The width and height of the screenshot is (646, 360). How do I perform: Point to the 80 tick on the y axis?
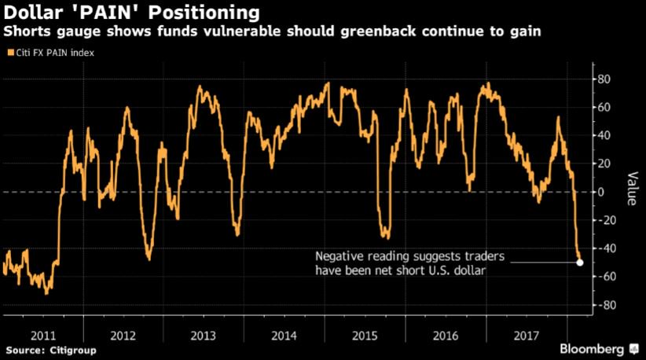pyautogui.click(x=605, y=79)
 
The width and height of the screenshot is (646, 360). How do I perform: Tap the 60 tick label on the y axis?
pyautogui.click(x=605, y=107)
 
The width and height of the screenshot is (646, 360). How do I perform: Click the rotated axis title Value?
pyautogui.click(x=631, y=189)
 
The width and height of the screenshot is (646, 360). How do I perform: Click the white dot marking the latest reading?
pyautogui.click(x=580, y=263)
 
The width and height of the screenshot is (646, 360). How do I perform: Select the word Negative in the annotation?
pyautogui.click(x=340, y=257)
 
